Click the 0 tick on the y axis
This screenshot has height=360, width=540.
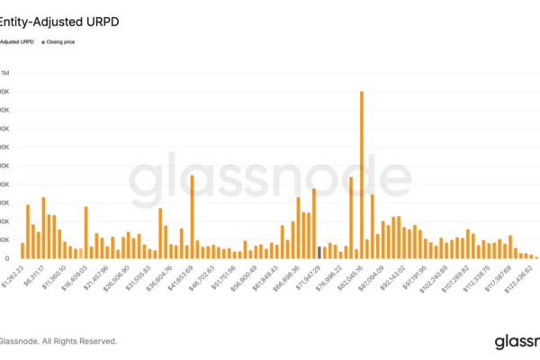(7, 258)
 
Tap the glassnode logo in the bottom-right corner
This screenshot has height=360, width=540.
(517, 341)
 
